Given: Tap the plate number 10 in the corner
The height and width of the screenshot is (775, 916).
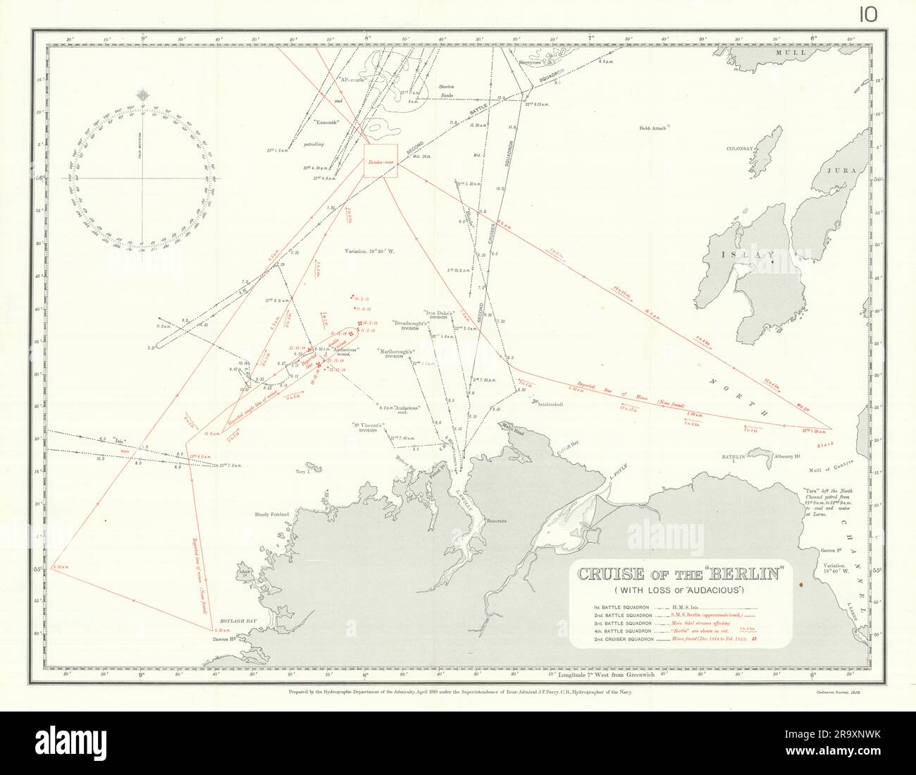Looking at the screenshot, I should tap(867, 15).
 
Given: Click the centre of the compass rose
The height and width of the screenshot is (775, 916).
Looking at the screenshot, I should tap(144, 178).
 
